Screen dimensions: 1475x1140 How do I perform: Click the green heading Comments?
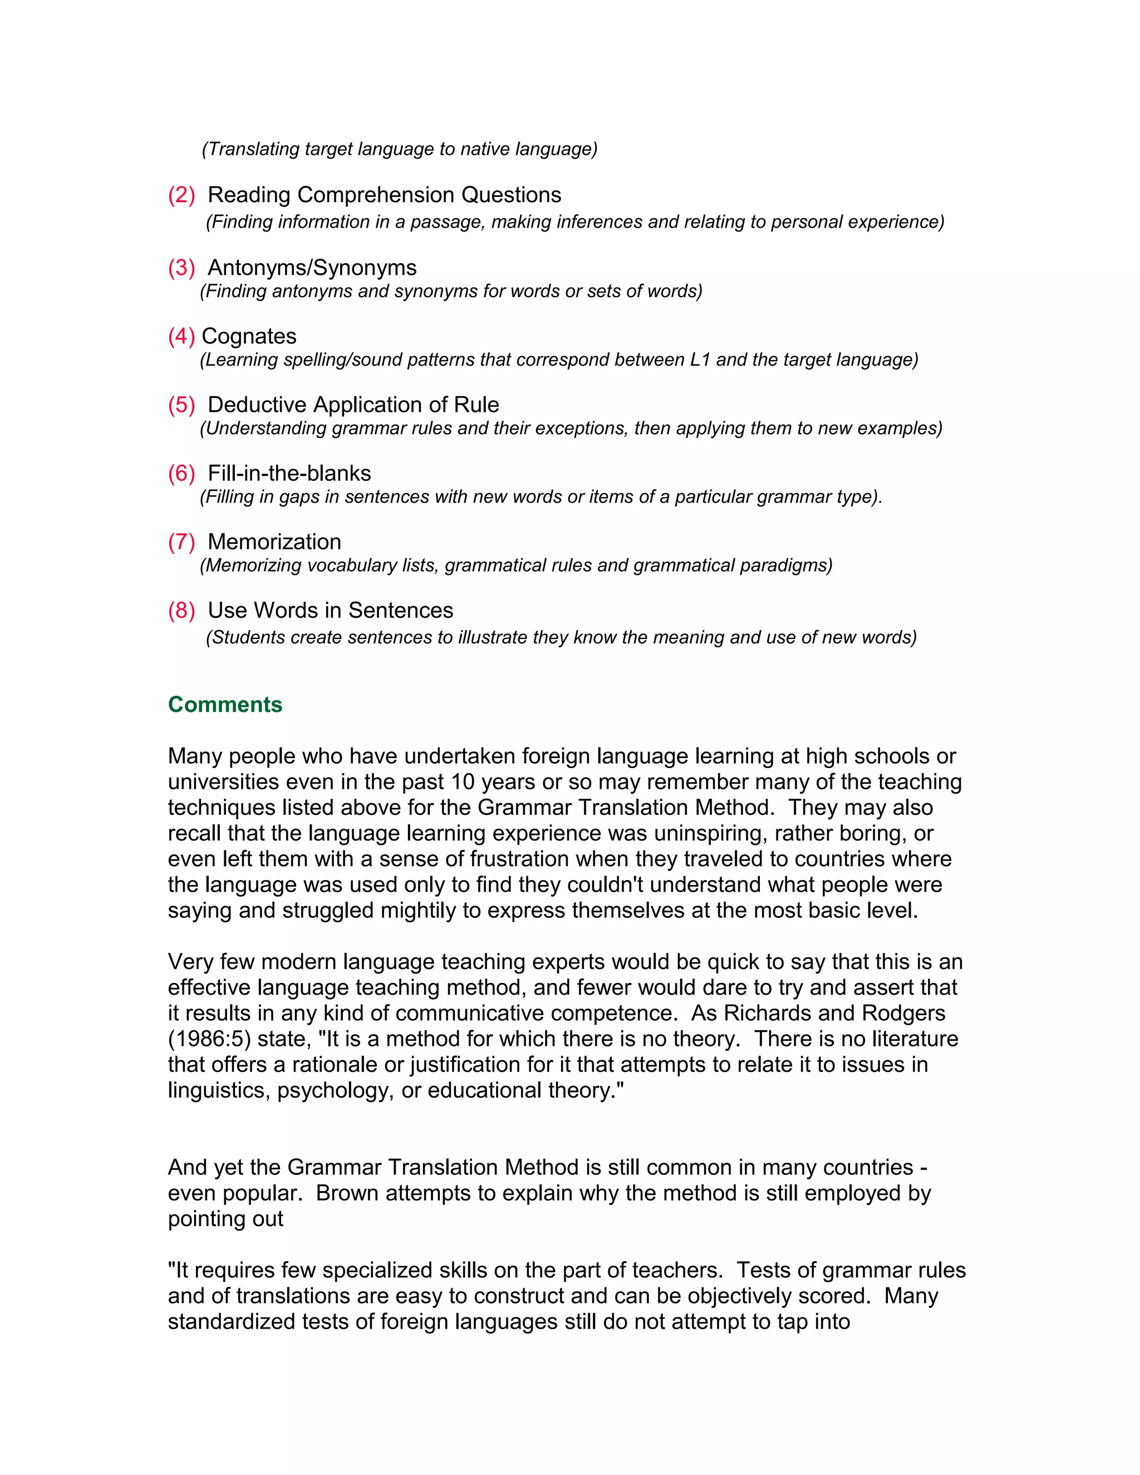click(225, 705)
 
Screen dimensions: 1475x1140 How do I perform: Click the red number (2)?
click(181, 195)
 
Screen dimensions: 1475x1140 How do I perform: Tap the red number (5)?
click(181, 405)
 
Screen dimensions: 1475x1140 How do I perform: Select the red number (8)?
click(181, 611)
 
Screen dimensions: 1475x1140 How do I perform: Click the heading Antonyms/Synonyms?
click(312, 268)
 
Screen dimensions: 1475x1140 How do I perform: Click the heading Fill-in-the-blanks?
click(289, 474)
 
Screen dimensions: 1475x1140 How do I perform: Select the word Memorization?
click(274, 542)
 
